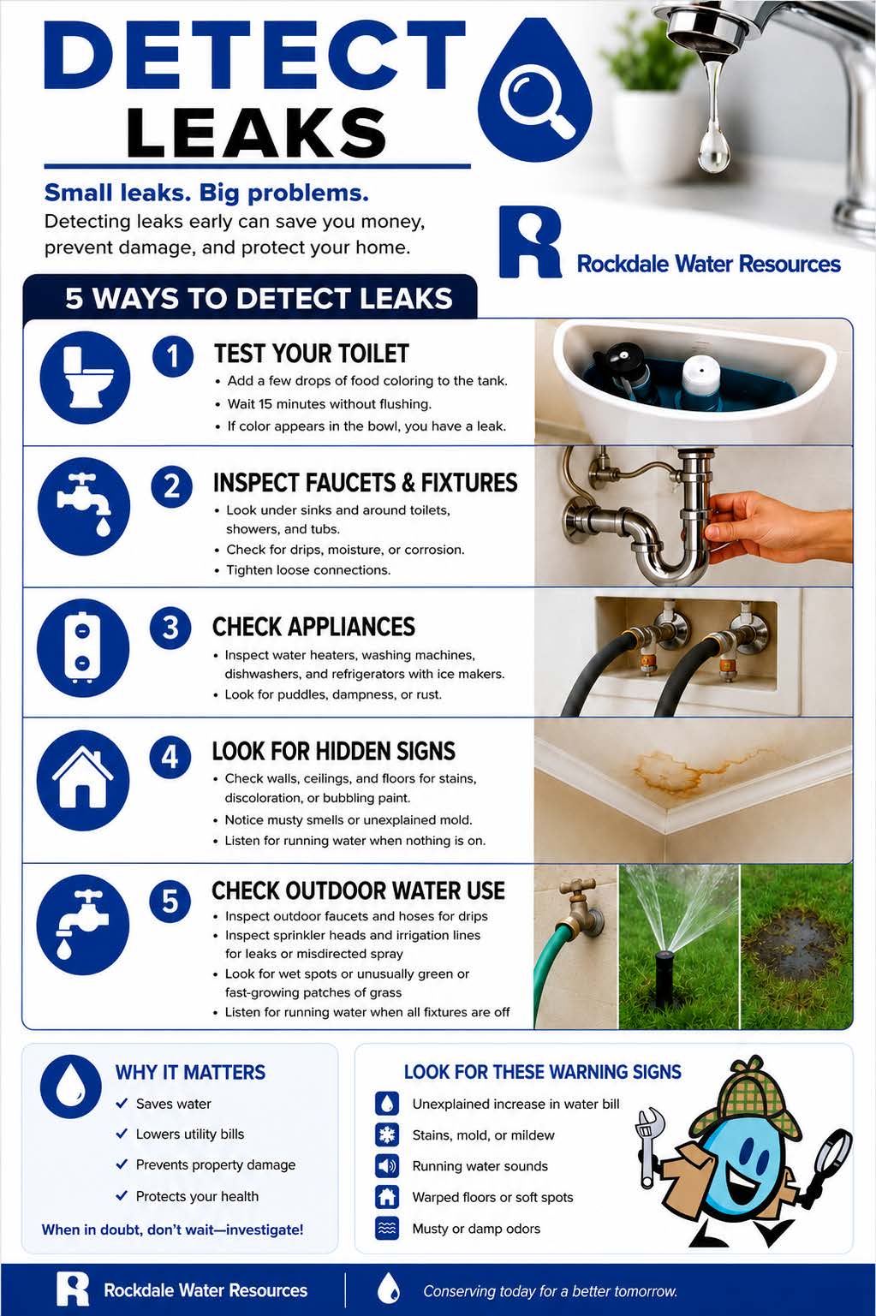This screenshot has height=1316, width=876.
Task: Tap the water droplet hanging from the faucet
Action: (713, 149)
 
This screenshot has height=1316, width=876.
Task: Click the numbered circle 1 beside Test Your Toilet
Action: (173, 356)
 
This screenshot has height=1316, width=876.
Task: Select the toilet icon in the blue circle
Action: (85, 377)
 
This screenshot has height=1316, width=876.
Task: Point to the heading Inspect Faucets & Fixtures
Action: (365, 483)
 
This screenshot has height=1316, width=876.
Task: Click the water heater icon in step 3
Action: (83, 648)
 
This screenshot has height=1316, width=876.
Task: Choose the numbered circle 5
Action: (170, 902)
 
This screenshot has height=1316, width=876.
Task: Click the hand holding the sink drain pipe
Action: (776, 526)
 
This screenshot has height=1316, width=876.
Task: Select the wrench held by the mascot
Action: (650, 1146)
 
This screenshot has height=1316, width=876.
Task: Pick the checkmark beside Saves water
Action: (122, 1104)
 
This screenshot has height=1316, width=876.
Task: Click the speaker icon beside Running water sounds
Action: (386, 1165)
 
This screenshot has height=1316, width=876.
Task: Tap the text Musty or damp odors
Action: (476, 1229)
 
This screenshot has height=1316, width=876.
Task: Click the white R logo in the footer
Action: (72, 1289)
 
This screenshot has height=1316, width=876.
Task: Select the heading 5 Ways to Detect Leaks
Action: (259, 299)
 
